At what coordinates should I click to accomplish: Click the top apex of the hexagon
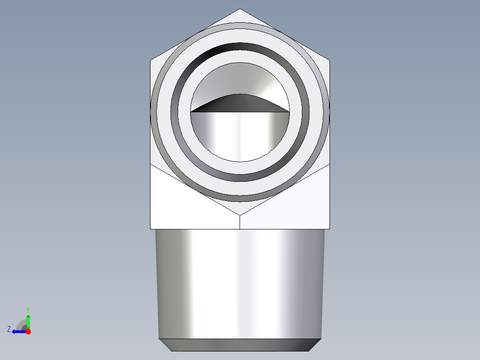click(240, 9)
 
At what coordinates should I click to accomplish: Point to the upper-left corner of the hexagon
click(151, 60)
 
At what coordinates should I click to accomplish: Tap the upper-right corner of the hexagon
click(330, 60)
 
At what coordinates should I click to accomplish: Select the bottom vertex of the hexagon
click(240, 215)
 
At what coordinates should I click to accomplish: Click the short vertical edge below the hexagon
click(240, 222)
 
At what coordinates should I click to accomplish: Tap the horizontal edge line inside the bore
click(240, 112)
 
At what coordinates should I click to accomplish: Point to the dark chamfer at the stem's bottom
click(240, 345)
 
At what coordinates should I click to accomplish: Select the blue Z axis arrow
click(18, 331)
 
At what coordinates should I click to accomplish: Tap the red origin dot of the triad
click(28, 331)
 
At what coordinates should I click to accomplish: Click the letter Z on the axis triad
click(9, 329)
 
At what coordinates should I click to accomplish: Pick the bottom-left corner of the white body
click(151, 229)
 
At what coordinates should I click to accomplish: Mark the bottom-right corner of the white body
click(330, 229)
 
